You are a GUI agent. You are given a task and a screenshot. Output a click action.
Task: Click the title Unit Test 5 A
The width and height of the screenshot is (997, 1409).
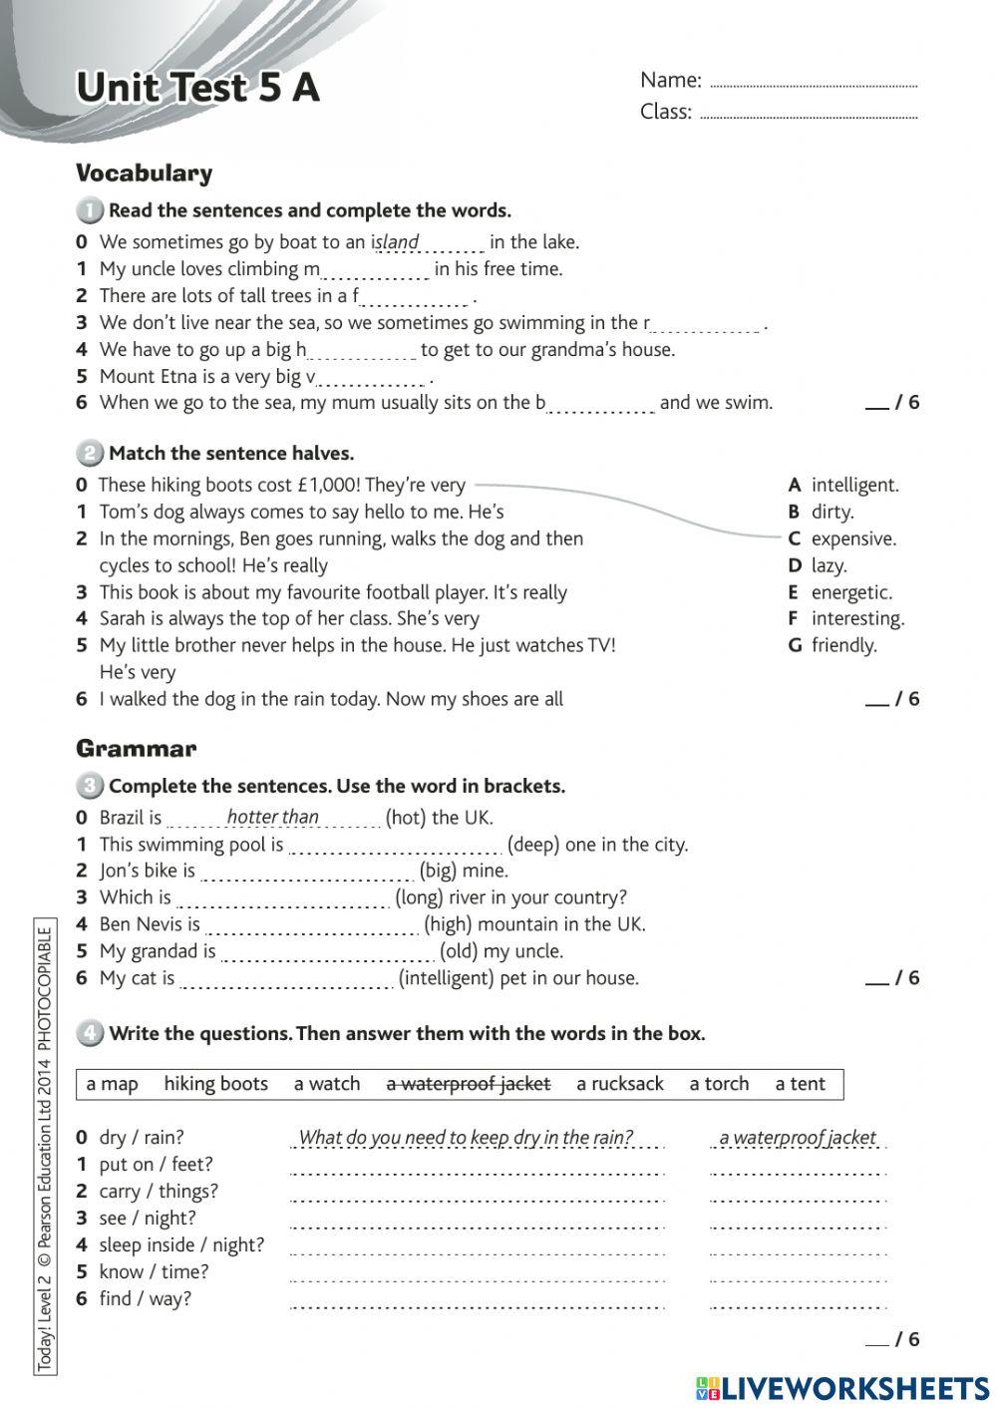pos(197,88)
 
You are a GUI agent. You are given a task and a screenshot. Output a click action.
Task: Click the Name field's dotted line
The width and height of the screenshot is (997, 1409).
pos(813,86)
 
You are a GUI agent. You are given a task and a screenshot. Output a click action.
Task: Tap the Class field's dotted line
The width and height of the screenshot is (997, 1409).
pos(809,117)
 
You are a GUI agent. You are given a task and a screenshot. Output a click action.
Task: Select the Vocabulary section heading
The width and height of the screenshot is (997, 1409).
pos(145,174)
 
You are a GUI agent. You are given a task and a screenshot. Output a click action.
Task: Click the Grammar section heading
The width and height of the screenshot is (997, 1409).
pos(137,749)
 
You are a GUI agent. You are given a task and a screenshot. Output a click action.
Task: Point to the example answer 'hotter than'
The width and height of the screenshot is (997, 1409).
pos(272,817)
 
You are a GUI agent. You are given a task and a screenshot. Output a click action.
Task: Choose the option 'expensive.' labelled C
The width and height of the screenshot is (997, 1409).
pos(852,538)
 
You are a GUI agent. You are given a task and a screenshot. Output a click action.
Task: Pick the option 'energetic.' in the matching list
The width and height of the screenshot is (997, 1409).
pos(850,592)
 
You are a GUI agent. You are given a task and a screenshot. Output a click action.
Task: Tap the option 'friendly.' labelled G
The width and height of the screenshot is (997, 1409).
pos(843,645)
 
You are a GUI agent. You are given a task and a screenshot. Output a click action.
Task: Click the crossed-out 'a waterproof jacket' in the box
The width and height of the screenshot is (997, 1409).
pos(468,1084)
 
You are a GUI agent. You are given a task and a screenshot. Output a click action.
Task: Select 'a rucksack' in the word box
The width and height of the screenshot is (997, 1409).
pos(619,1084)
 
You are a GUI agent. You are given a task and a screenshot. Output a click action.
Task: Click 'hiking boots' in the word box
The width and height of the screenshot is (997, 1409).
pos(215,1084)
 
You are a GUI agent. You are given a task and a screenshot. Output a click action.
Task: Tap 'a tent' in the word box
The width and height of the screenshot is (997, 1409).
pos(800,1084)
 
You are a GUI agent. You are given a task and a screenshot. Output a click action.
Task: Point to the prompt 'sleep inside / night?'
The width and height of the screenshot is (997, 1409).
pos(181,1244)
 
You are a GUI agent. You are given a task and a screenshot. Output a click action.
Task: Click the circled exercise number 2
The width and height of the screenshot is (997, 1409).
pos(89,454)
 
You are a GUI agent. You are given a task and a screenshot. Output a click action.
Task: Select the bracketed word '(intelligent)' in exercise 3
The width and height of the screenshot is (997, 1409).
pos(446,978)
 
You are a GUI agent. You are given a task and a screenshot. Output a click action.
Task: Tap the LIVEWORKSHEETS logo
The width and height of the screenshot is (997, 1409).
pos(842,1388)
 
